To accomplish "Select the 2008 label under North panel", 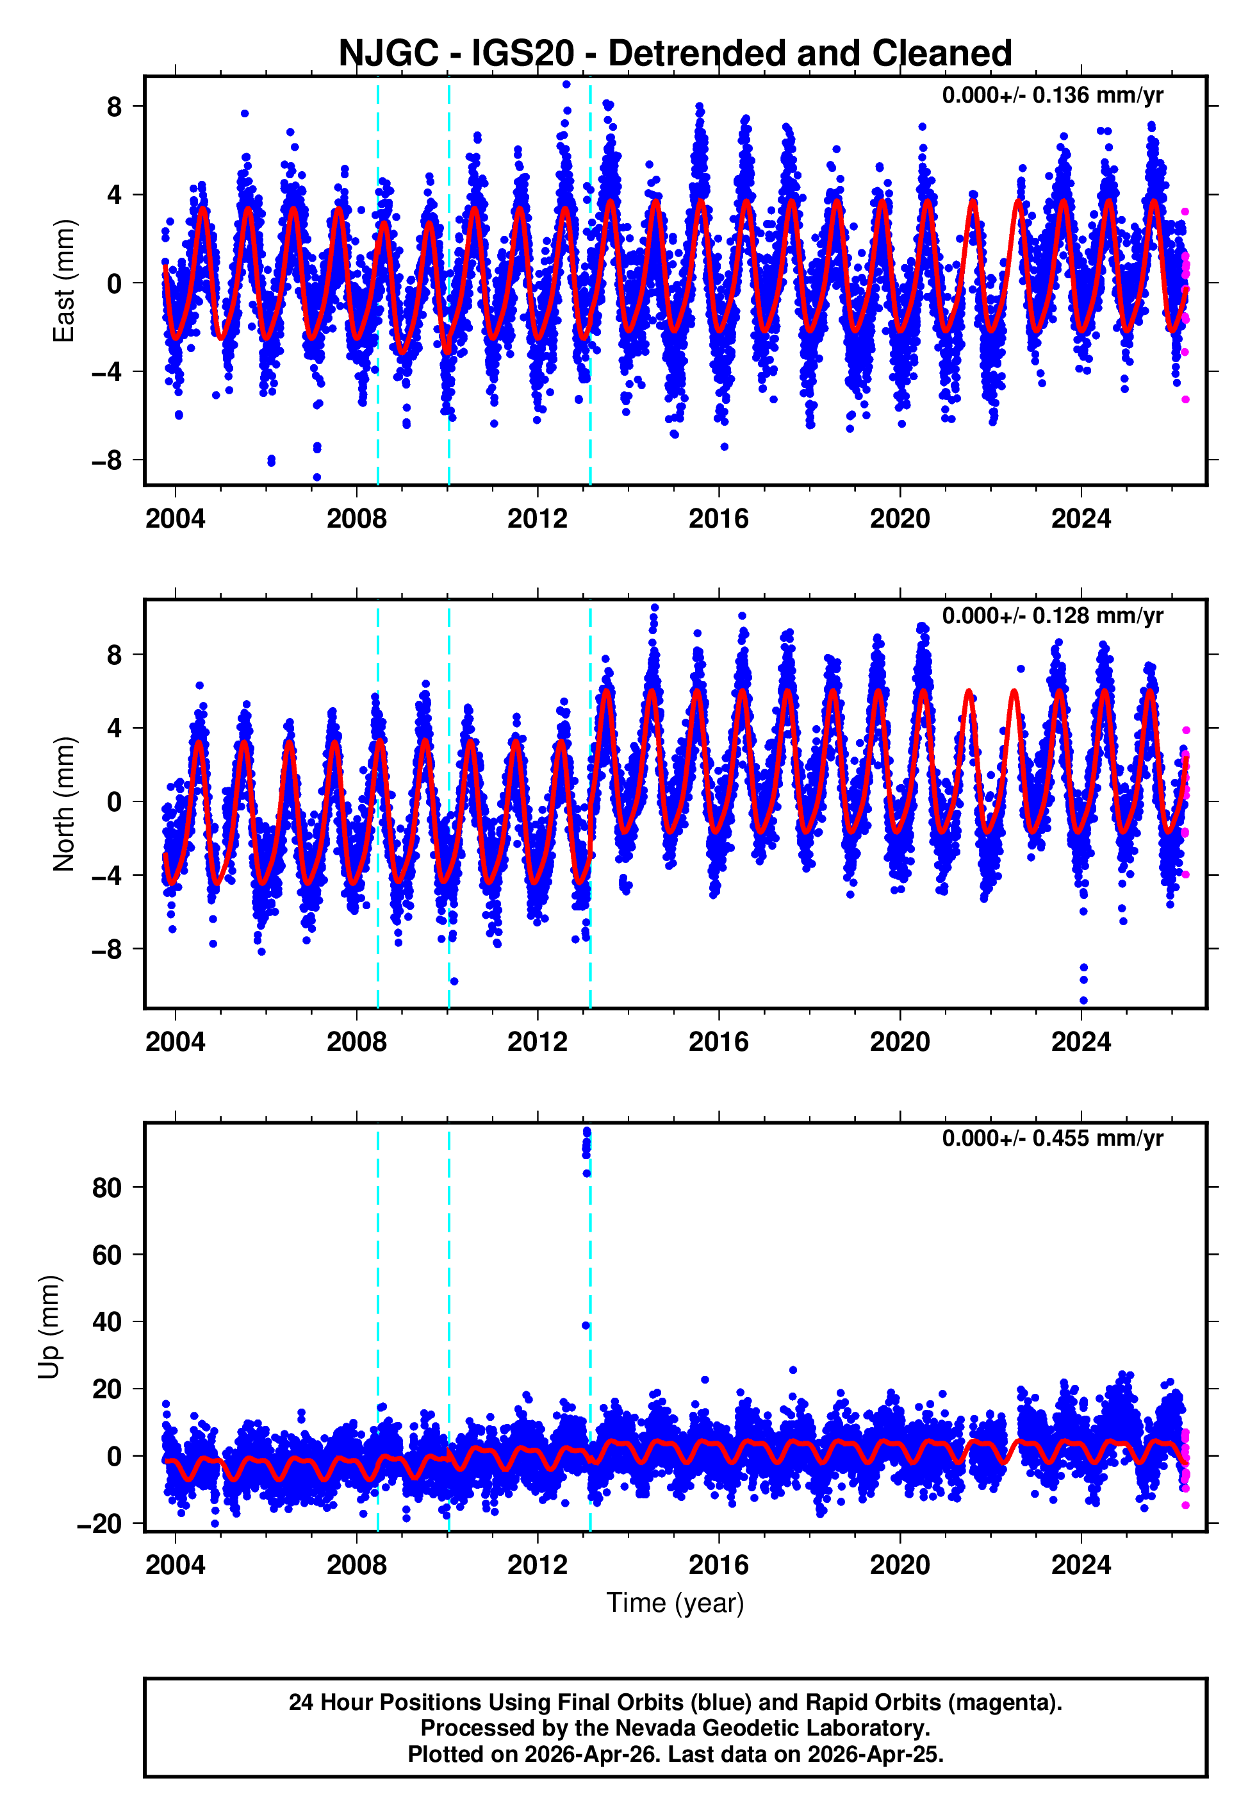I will click(356, 1042).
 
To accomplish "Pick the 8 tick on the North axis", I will click(114, 655).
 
